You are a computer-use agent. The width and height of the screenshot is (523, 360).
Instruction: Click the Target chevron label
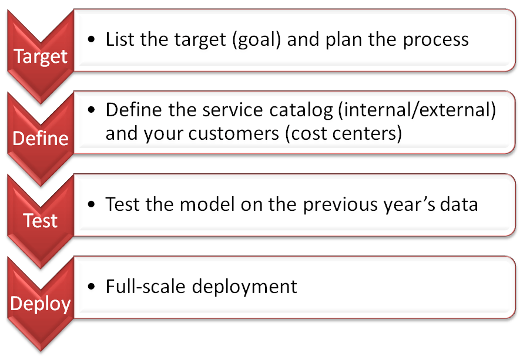click(x=41, y=56)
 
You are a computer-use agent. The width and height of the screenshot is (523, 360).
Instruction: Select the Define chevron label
click(x=41, y=139)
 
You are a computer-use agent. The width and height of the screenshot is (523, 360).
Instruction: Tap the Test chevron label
click(x=41, y=221)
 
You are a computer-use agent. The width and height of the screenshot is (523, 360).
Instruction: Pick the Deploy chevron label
click(x=41, y=304)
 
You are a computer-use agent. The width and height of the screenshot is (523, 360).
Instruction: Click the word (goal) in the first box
click(x=256, y=40)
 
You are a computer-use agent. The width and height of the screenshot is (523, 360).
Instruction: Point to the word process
click(x=435, y=41)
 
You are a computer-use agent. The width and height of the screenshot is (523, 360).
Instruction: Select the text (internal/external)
click(x=417, y=110)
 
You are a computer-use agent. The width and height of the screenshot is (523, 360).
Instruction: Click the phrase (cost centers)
click(x=344, y=134)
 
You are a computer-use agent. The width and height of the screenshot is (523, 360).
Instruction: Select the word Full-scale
click(x=145, y=287)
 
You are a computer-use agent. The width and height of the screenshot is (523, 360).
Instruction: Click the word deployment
click(x=244, y=287)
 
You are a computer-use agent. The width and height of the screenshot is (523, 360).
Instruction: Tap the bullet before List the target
click(x=92, y=40)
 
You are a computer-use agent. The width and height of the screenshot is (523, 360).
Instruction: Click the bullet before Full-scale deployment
click(x=92, y=287)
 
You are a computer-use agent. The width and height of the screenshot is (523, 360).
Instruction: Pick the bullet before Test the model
click(x=92, y=204)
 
